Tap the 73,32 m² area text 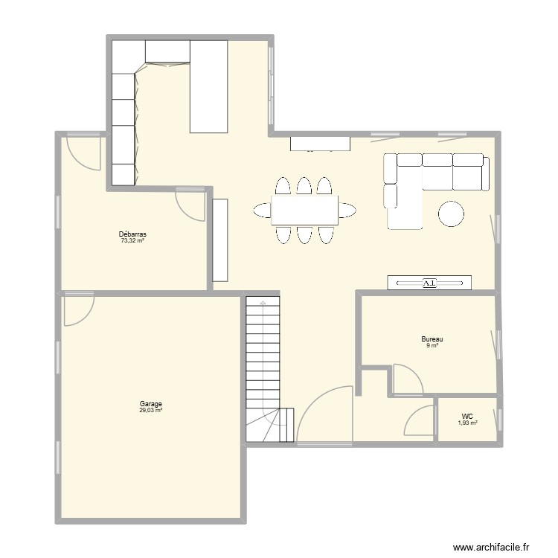pos(132,240)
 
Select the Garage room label pos(150,404)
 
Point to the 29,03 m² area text pos(150,411)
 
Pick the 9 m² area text pos(432,346)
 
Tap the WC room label pos(467,417)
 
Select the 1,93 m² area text pos(467,423)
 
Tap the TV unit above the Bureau pos(429,283)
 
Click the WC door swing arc pos(418,421)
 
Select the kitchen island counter pos(208,86)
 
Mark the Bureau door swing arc pos(407,378)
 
